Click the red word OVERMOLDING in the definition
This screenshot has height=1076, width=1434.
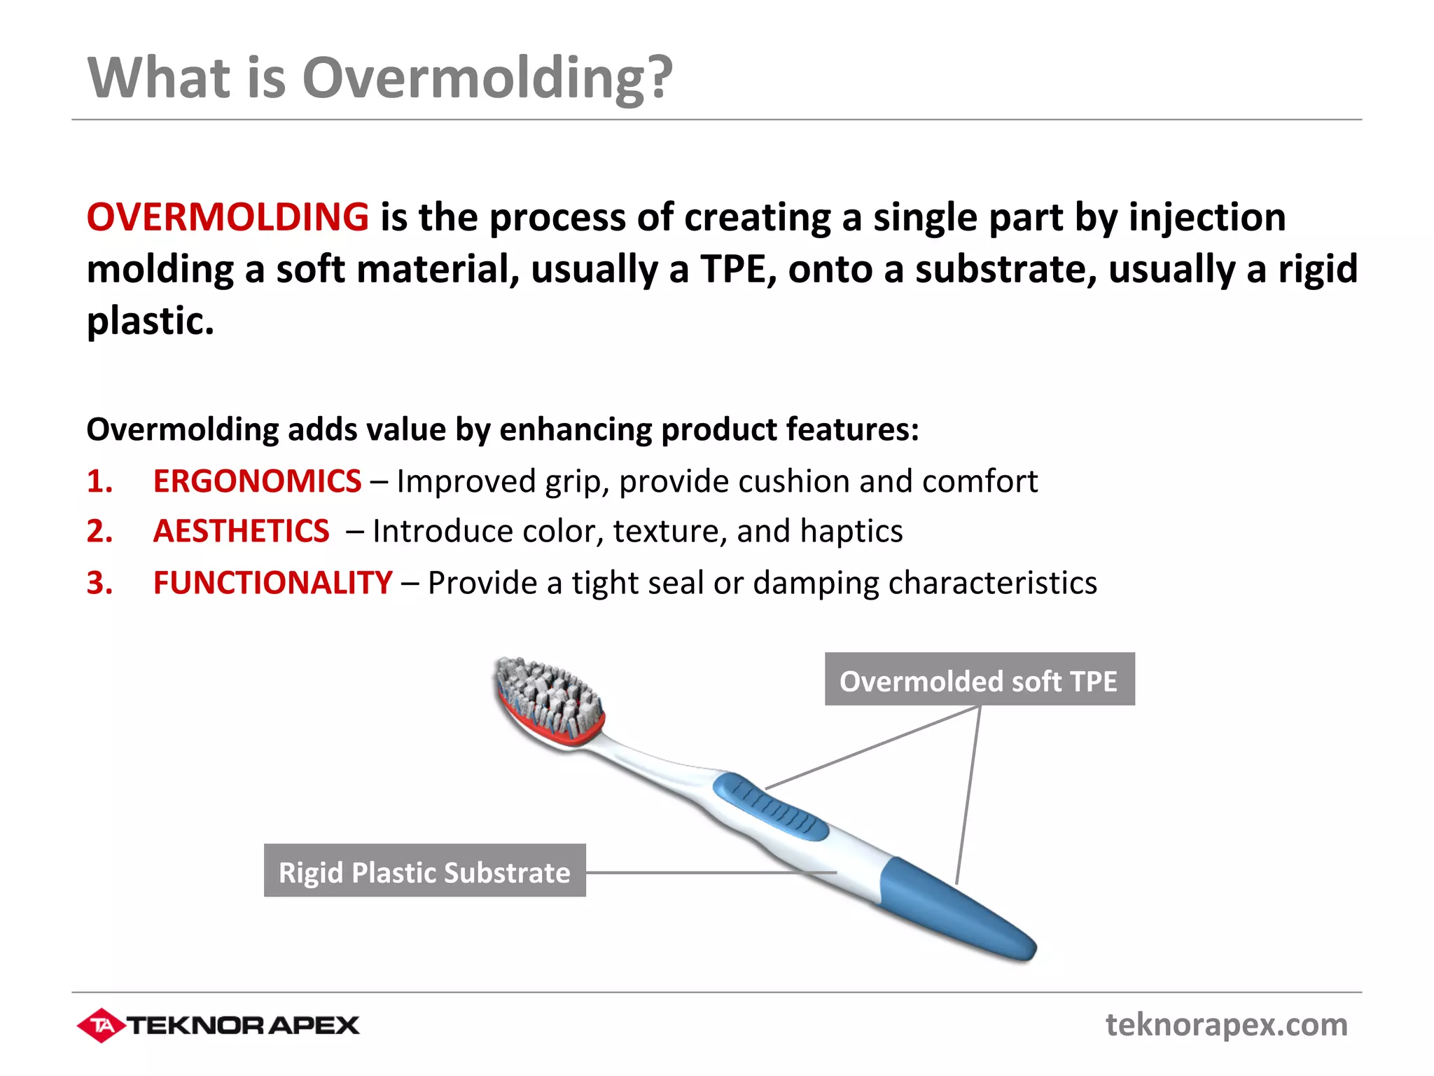[228, 217]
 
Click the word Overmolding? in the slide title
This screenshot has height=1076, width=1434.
[487, 78]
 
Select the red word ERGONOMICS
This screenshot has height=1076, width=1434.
[257, 481]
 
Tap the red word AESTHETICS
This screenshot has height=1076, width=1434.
[241, 531]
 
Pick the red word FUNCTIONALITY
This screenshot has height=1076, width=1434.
[272, 583]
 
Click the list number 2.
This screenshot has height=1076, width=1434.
[99, 531]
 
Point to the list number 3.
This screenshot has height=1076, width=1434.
[99, 583]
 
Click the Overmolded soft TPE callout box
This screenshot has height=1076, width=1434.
[979, 680]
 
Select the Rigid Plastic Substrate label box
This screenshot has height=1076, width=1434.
[424, 871]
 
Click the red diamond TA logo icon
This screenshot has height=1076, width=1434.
[102, 1026]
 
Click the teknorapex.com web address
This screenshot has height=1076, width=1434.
[1226, 1025]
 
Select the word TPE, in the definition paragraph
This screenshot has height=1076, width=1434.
[738, 270]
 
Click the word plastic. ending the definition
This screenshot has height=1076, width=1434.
[150, 322]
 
